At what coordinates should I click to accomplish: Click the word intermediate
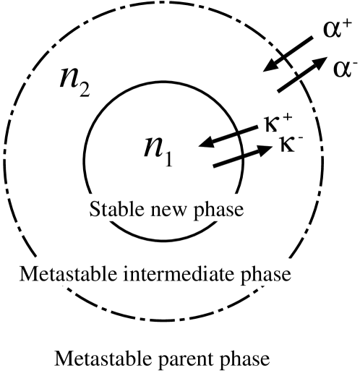176,275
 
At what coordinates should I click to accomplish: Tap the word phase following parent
236,359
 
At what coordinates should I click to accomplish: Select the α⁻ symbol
343,69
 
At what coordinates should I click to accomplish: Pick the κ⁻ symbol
288,142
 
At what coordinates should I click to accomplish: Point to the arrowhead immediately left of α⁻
318,65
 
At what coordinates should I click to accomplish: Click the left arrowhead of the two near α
270,67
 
